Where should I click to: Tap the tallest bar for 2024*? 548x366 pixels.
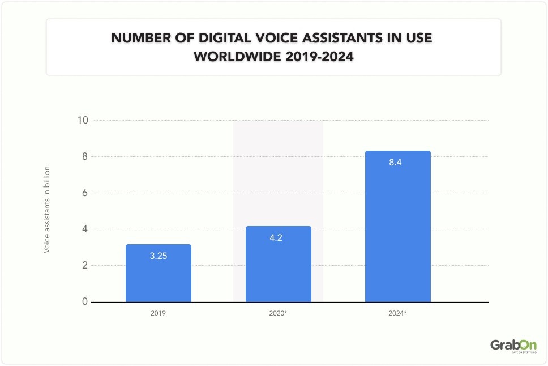(x=397, y=227)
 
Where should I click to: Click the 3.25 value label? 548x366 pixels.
(x=159, y=256)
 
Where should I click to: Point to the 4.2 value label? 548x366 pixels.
(x=276, y=238)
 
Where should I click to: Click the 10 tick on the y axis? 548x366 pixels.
(x=83, y=120)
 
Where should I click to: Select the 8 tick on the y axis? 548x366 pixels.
(x=84, y=156)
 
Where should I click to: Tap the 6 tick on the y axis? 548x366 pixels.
(x=84, y=193)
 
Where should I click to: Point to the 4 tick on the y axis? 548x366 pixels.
(x=84, y=229)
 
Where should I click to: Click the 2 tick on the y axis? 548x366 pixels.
(x=84, y=265)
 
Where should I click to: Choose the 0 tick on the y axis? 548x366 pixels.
(x=84, y=301)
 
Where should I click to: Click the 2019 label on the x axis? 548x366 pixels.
(x=159, y=313)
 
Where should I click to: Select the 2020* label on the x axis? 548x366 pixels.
(x=278, y=313)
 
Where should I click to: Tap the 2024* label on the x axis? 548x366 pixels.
(x=397, y=313)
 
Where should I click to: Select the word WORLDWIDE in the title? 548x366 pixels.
(x=237, y=57)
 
